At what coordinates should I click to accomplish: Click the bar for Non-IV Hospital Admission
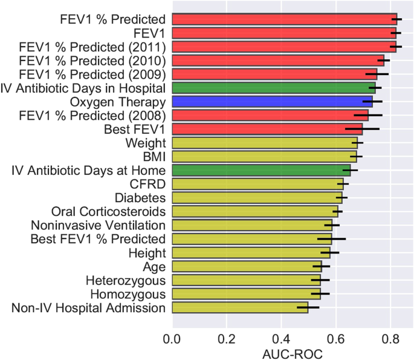(240, 308)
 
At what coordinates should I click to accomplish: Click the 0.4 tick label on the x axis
(281, 335)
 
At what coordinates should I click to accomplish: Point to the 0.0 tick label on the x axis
(173, 335)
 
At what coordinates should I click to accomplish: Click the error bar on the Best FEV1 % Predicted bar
(331, 239)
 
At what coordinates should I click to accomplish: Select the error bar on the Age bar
(321, 266)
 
